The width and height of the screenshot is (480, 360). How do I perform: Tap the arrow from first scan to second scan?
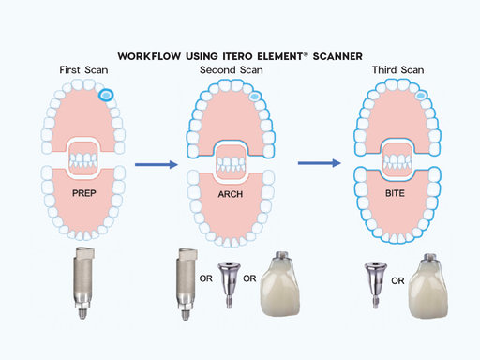[158, 165]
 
